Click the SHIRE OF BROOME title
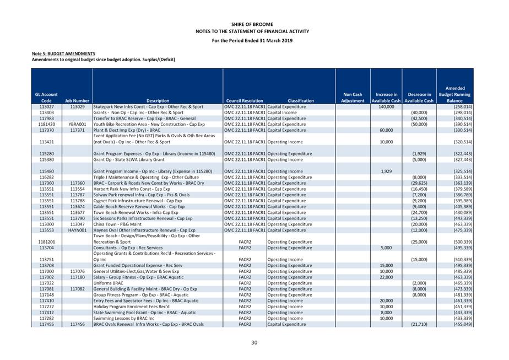pos(254,25)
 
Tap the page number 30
pos(254,343)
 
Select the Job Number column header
pos(77,101)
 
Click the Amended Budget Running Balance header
pos(454,94)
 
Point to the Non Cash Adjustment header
pos(353,98)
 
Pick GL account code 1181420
pos(46,125)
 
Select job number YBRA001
pos(77,125)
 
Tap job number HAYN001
pos(77,230)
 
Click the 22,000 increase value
pos(386,277)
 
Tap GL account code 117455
pos(46,324)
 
